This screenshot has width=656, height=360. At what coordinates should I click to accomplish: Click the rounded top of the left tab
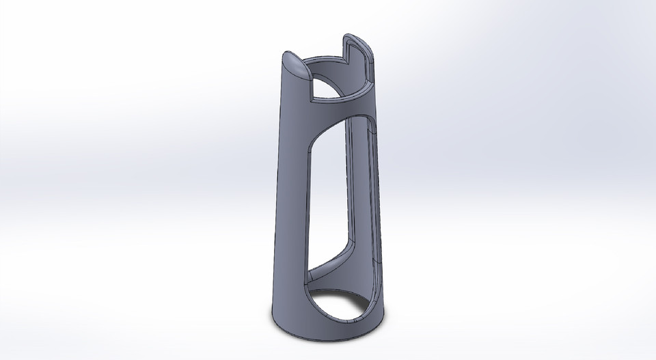click(x=295, y=65)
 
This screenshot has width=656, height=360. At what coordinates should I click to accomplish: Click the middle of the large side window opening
click(x=335, y=198)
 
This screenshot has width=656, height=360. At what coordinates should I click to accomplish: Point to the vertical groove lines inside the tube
click(x=362, y=178)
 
